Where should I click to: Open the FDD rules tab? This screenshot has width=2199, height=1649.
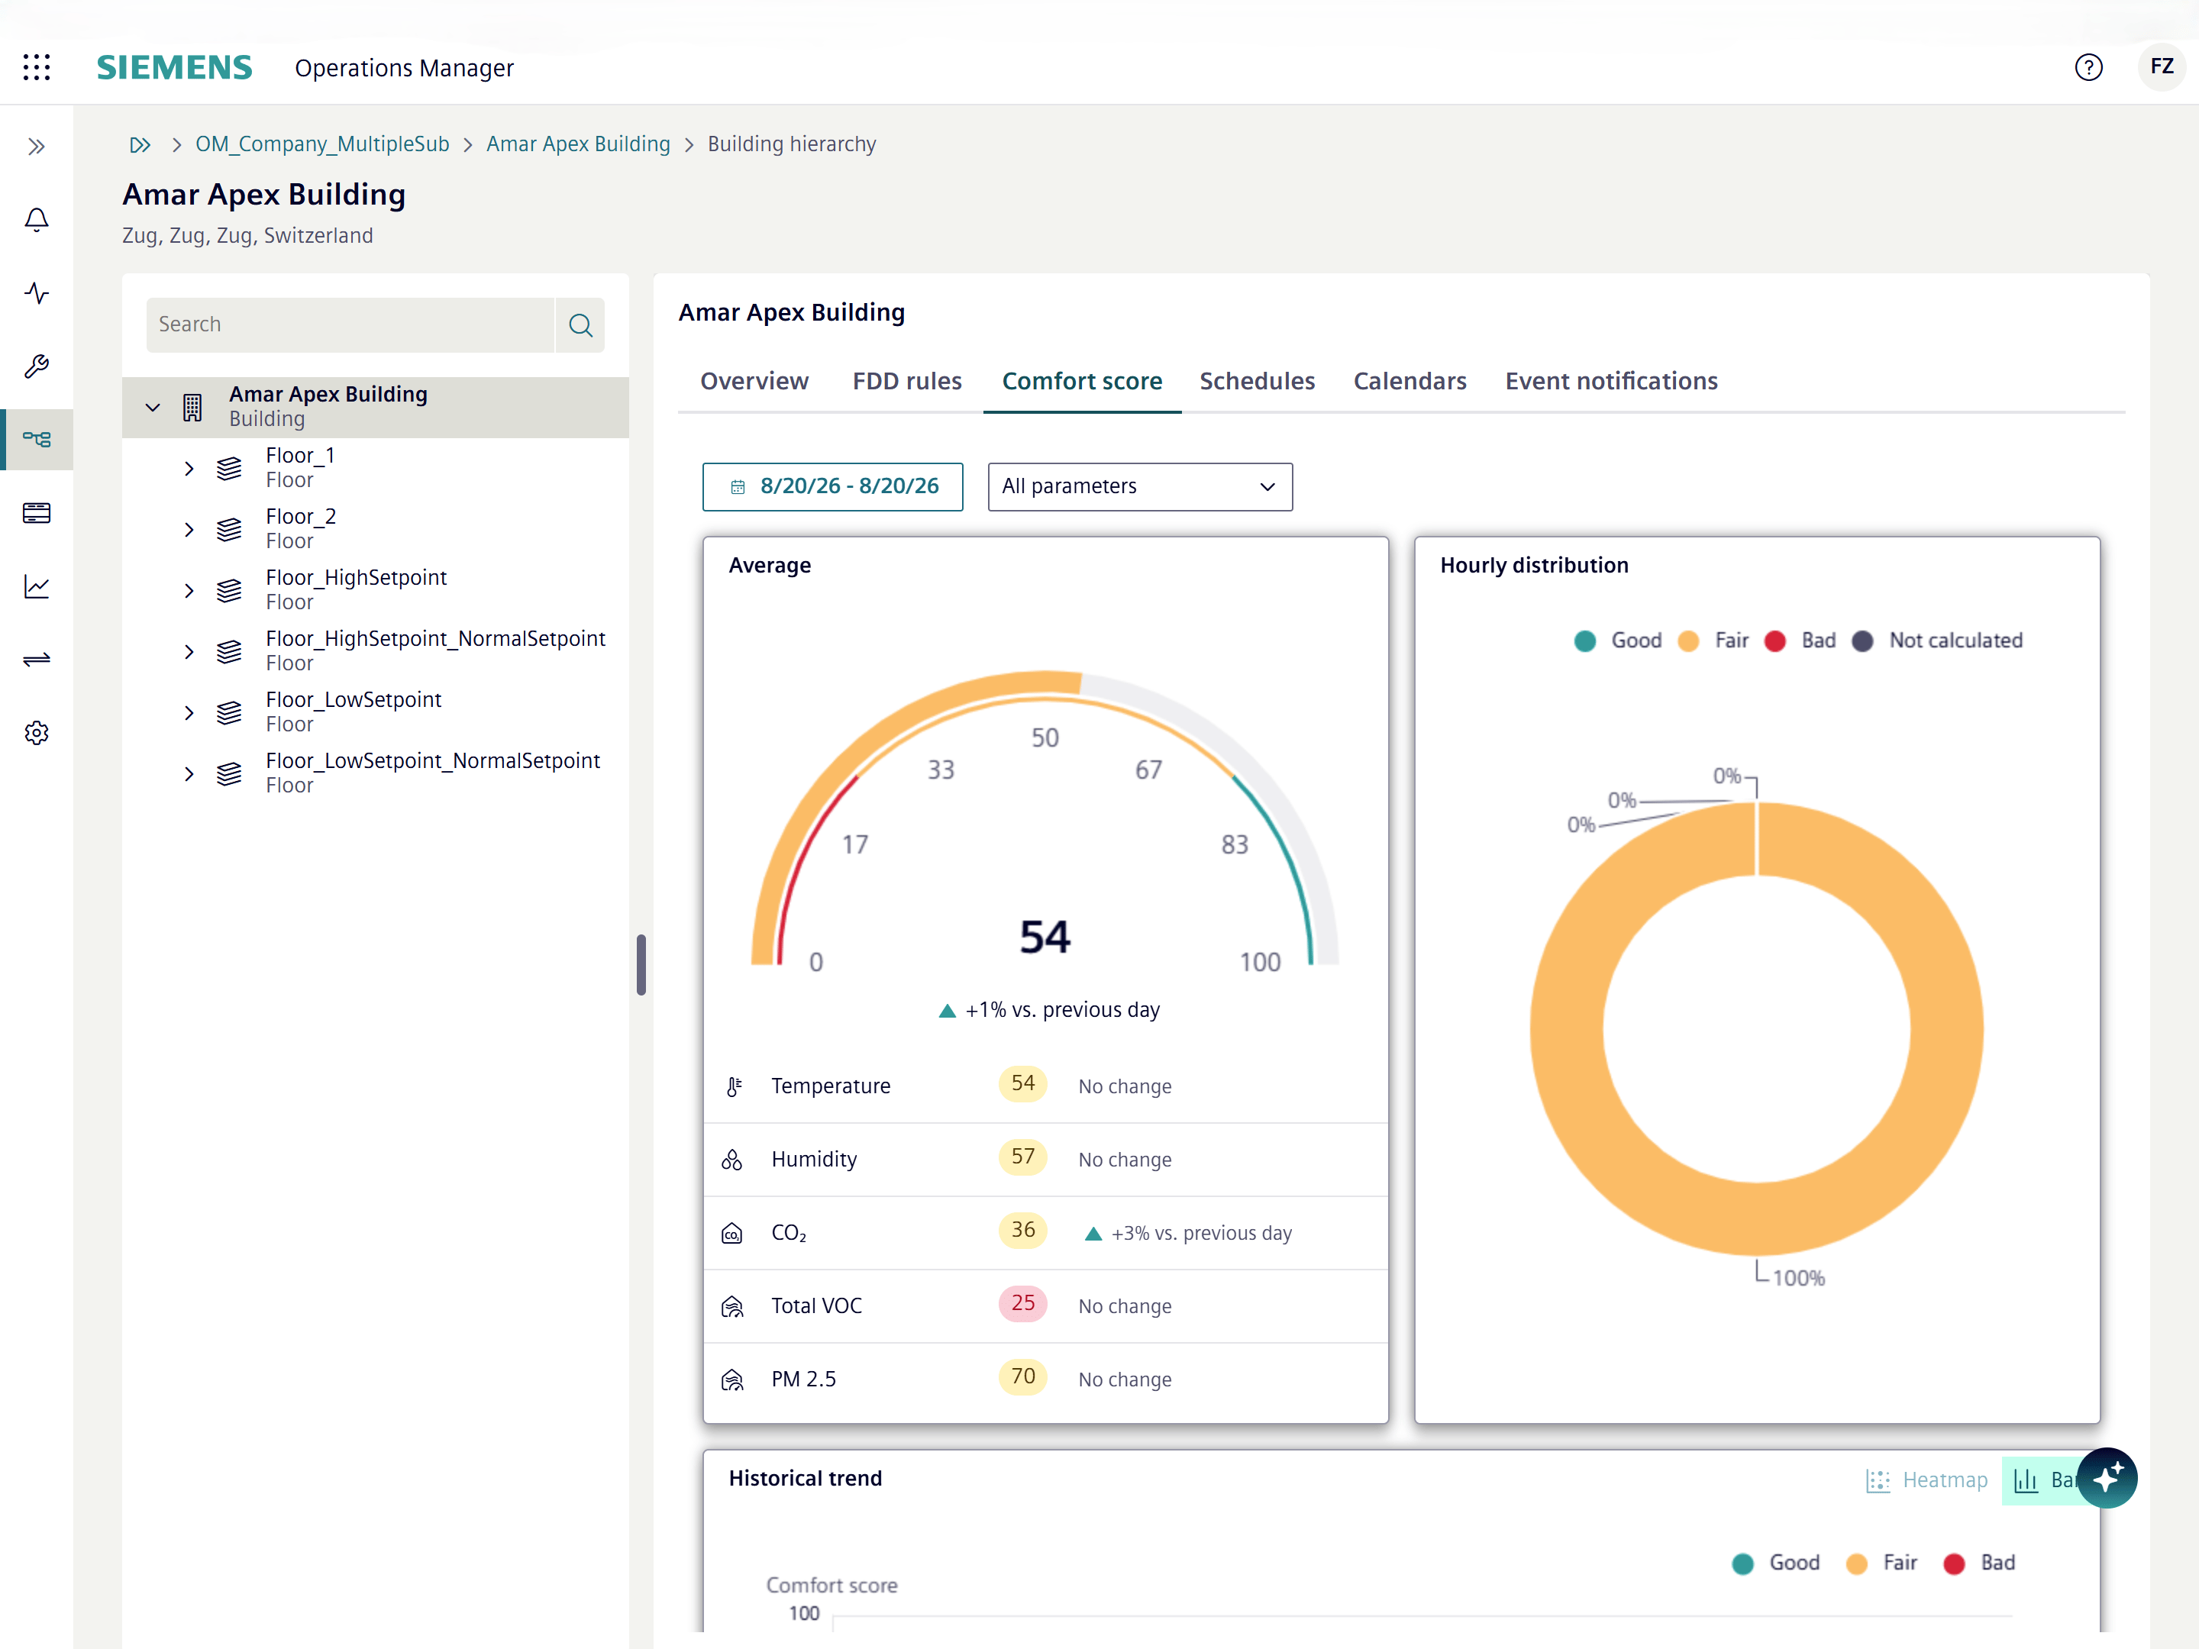[906, 381]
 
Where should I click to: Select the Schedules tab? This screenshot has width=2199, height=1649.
[1257, 381]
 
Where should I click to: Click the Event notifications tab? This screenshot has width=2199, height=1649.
[1610, 381]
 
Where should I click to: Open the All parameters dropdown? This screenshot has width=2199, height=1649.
[1139, 486]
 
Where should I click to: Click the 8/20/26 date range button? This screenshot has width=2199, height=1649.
[832, 486]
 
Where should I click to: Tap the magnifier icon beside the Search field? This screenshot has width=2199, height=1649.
[580, 325]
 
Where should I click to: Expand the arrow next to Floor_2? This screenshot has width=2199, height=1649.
[189, 529]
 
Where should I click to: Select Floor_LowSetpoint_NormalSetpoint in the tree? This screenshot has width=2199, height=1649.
[432, 760]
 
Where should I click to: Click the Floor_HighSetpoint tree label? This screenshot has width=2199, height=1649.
[356, 577]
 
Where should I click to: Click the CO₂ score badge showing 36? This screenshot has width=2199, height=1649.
[1023, 1230]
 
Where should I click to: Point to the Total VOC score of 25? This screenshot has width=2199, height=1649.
[1023, 1303]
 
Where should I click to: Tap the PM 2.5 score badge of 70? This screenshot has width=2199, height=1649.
[1023, 1376]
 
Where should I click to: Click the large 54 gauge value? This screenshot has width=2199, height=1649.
[1045, 936]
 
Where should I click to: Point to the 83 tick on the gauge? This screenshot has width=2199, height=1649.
[1235, 845]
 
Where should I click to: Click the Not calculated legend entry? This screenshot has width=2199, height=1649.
[1938, 640]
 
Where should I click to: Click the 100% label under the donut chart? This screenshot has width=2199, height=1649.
[1798, 1278]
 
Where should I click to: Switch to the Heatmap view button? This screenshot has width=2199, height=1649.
[1926, 1480]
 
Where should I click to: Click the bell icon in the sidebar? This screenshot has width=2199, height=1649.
[37, 220]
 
